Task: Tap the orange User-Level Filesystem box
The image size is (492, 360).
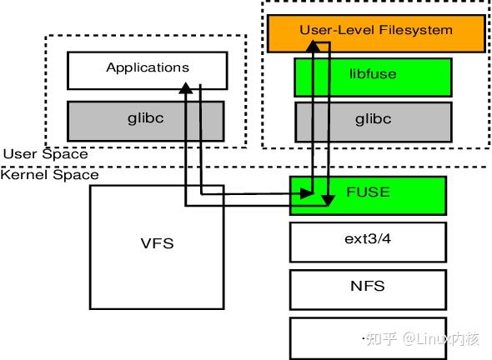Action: (375, 31)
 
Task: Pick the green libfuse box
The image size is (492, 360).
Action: (373, 76)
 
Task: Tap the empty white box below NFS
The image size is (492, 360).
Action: (334, 337)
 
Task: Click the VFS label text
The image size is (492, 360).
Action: (156, 245)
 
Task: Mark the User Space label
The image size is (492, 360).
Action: (45, 154)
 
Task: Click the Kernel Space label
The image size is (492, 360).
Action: (50, 174)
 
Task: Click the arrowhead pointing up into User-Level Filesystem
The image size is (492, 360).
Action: (311, 47)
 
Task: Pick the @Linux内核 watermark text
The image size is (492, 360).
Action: (440, 338)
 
